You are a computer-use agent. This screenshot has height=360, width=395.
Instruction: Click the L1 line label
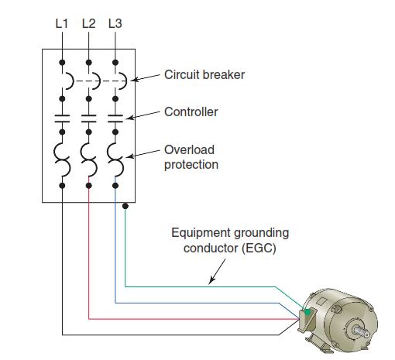coord(62,23)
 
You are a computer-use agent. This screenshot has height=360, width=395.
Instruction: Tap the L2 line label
coord(89,23)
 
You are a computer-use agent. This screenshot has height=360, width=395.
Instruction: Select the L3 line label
coord(115,23)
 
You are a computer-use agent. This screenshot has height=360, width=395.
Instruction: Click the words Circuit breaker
coord(204,75)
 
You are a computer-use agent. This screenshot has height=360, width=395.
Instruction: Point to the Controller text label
coord(191,112)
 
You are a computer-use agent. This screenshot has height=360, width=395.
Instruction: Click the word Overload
coord(189,149)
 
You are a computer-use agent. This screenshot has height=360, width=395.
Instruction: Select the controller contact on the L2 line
coord(89,118)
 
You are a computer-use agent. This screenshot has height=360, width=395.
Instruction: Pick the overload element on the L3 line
coord(115,159)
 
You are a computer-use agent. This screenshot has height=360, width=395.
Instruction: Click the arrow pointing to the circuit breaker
coord(145,77)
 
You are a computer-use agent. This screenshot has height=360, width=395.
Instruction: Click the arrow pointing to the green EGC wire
coord(217,272)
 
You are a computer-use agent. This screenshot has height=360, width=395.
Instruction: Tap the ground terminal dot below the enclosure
coord(125,206)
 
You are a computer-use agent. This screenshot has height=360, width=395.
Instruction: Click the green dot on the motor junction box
coord(307,312)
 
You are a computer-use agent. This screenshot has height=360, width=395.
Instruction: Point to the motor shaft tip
coord(367,334)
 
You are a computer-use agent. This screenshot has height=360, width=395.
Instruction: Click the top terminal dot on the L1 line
coord(62,63)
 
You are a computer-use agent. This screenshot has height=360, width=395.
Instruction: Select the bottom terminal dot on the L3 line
coord(115,186)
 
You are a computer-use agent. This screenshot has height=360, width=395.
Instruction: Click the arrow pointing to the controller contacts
coord(143,115)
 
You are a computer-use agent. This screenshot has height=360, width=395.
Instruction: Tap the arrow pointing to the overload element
coord(143,153)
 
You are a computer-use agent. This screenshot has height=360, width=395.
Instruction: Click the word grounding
coord(262,234)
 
